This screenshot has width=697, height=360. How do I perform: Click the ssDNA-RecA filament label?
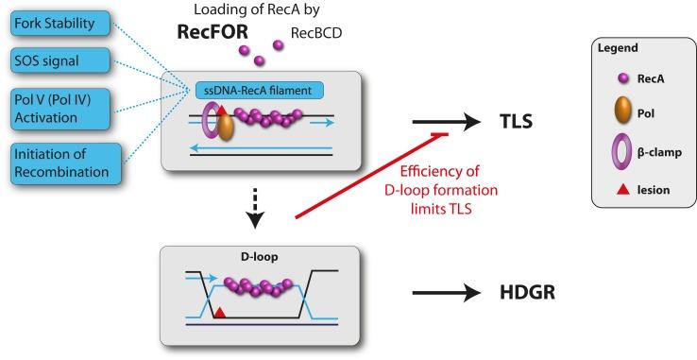point(259,91)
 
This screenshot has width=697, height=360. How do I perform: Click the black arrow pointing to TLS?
point(445,123)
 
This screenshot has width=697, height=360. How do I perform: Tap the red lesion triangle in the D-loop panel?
point(220,311)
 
